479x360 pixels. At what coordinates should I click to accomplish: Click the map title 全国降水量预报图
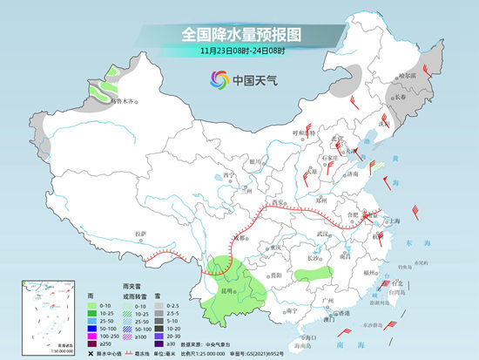pos(239,34)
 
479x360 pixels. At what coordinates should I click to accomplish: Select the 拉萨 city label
pos(140,234)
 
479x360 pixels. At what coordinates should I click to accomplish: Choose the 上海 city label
pos(395,221)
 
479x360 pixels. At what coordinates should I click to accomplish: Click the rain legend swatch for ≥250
pos(91,343)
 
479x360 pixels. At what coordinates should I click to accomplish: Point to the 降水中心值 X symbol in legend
pos(91,354)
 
